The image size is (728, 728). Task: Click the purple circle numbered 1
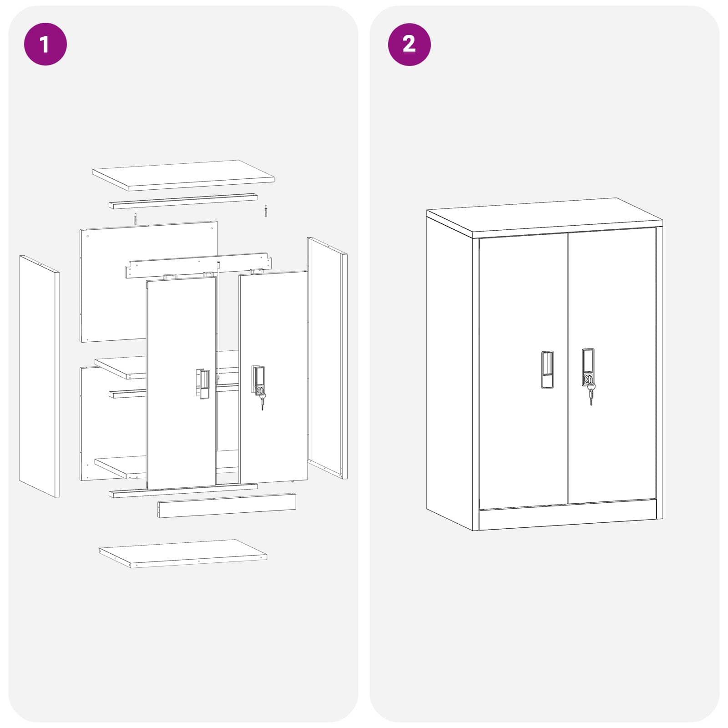point(45,44)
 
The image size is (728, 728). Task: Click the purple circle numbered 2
point(409,44)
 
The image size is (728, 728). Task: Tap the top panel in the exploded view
point(183,175)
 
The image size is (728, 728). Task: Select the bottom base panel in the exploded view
point(183,553)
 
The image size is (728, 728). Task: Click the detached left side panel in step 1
point(39,376)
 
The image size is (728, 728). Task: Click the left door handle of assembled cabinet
point(547,369)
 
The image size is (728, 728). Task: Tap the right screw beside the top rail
point(266,211)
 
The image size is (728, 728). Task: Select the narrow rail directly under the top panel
point(183,201)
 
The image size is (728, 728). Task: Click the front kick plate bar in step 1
point(227,506)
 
